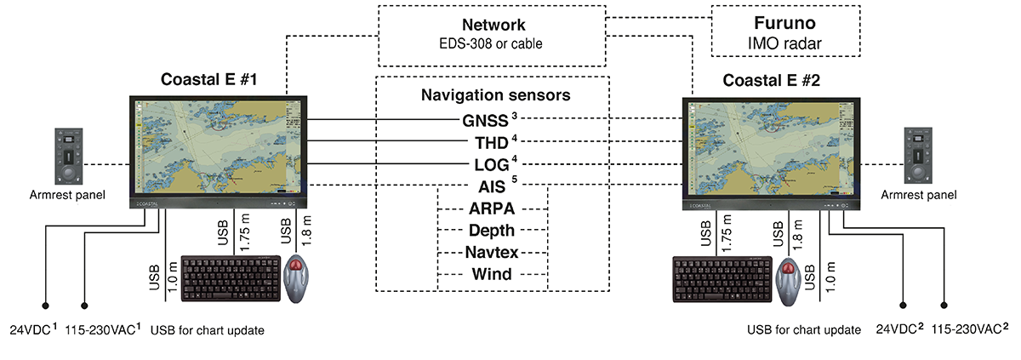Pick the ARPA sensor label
(491, 208)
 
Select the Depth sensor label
(491, 230)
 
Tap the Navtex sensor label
(491, 252)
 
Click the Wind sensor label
(491, 274)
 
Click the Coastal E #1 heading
(209, 81)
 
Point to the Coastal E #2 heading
(771, 81)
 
